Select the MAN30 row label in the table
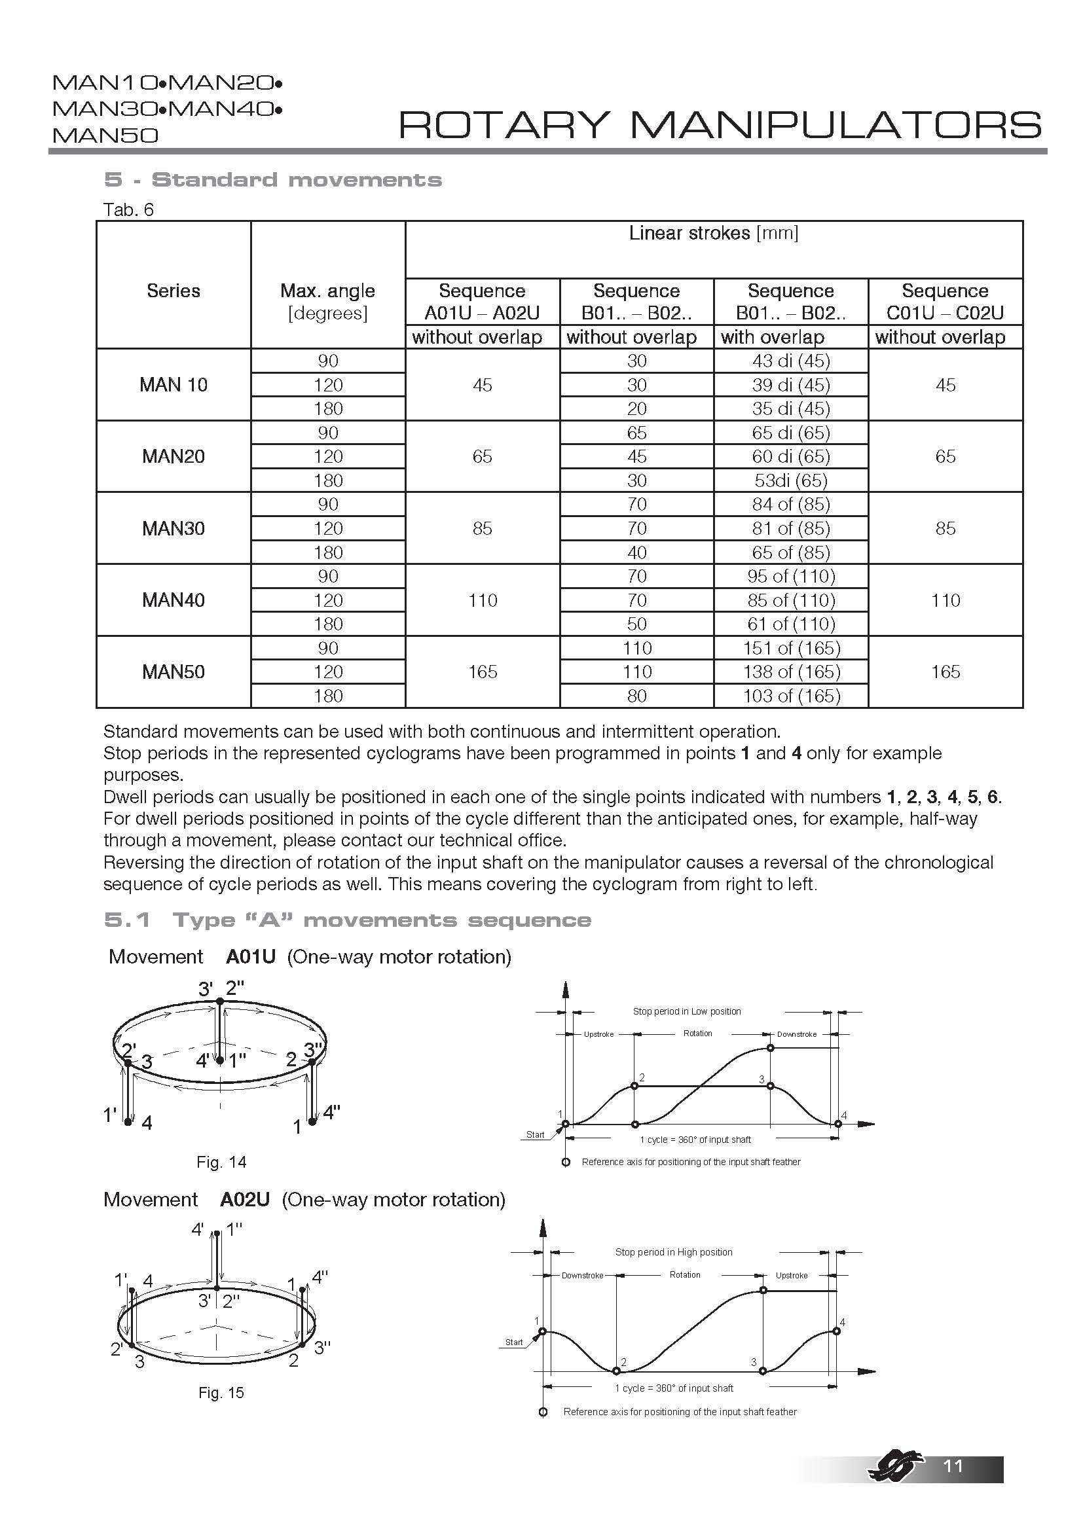click(x=174, y=528)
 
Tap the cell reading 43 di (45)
click(x=791, y=361)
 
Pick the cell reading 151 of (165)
click(x=791, y=647)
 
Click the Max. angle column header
click(x=327, y=300)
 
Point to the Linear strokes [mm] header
click(x=714, y=233)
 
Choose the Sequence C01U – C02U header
click(x=945, y=300)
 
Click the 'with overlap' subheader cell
click(x=773, y=336)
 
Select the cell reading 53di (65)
click(x=791, y=480)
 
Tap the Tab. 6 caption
click(x=128, y=209)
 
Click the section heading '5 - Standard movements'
click(x=273, y=179)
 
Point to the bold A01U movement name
click(x=251, y=957)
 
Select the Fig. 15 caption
click(x=221, y=1393)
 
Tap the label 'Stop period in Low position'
click(x=687, y=1011)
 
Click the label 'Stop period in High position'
click(x=674, y=1252)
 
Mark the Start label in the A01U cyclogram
click(x=536, y=1134)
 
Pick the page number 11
click(x=953, y=1466)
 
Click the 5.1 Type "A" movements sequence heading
click(x=348, y=920)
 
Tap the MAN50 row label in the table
click(x=174, y=672)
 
